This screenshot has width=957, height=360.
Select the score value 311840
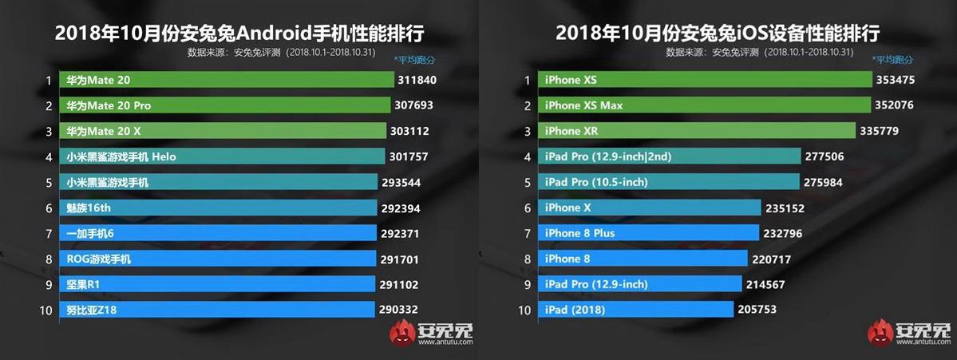point(417,80)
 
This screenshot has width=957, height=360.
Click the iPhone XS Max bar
point(706,105)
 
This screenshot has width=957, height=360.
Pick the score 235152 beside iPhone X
point(786,208)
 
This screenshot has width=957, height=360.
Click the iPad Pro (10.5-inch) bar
point(670,182)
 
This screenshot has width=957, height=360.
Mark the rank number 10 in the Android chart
point(47,310)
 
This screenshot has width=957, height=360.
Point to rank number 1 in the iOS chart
point(527,80)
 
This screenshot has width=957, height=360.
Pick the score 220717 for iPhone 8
point(773,259)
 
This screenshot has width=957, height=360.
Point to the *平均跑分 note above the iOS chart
point(893,60)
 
